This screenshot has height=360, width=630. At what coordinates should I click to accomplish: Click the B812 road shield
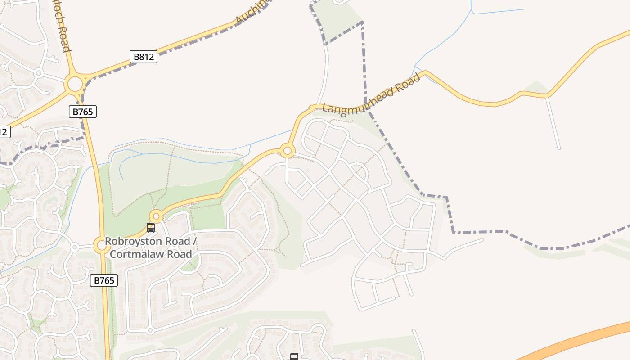pos(144,57)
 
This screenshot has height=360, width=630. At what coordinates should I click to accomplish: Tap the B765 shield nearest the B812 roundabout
pos(83,112)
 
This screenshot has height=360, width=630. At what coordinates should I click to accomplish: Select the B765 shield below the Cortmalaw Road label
pos(104,280)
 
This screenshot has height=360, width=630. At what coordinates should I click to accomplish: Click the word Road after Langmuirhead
pos(407,84)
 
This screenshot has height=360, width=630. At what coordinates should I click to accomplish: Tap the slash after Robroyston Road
pos(195,241)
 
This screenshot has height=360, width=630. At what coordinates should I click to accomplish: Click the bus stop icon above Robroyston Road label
pos(151,228)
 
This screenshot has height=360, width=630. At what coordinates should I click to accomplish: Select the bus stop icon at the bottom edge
pos(294,357)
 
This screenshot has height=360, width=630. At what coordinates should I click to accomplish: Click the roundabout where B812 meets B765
pos(74,84)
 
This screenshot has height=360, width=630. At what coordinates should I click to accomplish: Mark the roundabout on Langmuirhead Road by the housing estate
pos(287,150)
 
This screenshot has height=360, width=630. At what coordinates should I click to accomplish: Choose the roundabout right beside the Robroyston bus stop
pos(156,216)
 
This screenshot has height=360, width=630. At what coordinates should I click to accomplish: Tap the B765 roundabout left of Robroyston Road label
pos(101,245)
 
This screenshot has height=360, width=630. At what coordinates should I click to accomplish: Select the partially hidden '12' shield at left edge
pos(4,132)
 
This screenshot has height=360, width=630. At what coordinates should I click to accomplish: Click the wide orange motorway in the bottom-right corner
pos(580,340)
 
